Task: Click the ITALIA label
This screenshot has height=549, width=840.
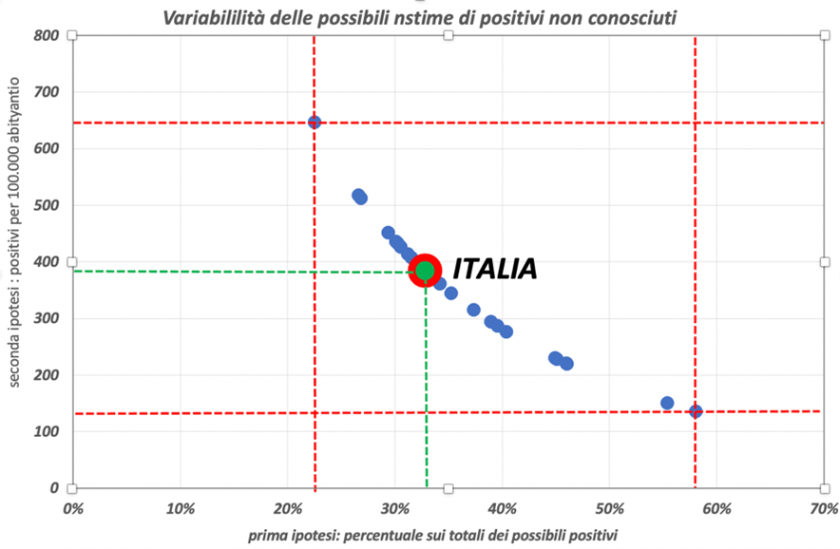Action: (494, 269)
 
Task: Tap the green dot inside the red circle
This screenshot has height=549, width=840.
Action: (425, 271)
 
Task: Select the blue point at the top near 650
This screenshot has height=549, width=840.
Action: (315, 123)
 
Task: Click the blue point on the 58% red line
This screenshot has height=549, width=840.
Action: (696, 411)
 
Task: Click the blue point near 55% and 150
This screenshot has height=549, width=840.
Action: (667, 403)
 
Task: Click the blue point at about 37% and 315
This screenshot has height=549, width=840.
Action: (473, 310)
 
